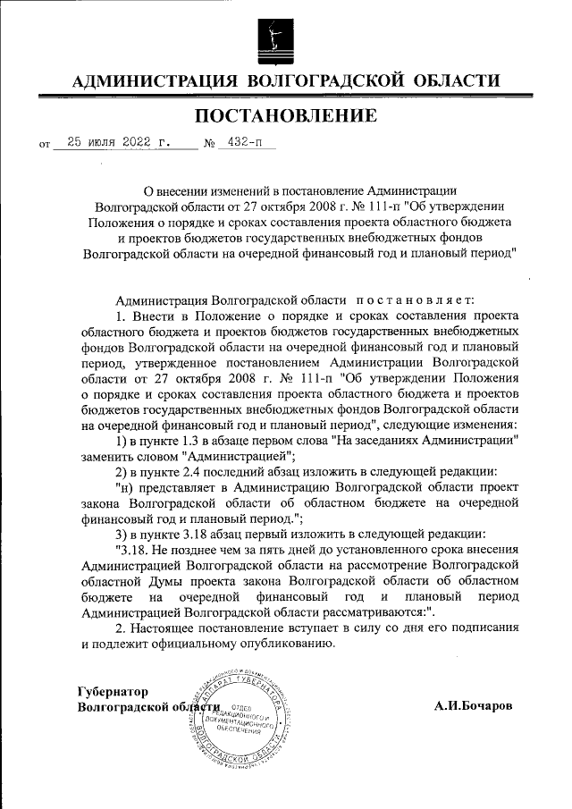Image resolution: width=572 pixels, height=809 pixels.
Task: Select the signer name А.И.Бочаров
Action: click(474, 705)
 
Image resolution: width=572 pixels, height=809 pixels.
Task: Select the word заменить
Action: click(110, 456)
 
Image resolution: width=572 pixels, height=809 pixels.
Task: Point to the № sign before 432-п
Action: click(211, 142)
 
